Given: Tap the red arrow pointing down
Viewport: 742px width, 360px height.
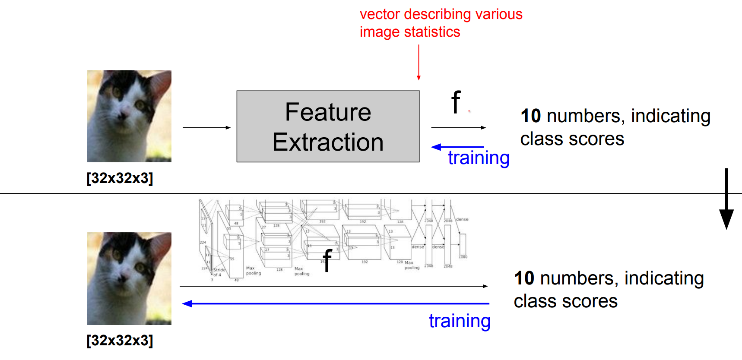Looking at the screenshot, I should (x=419, y=63).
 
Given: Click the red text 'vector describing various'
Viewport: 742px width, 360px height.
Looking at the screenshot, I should (x=441, y=14).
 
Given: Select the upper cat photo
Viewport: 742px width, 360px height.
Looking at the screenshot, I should (x=129, y=116).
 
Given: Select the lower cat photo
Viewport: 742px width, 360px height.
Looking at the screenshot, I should (x=129, y=278).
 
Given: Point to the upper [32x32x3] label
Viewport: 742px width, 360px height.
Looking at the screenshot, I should (x=120, y=178).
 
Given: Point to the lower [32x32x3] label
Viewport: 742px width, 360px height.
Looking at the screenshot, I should (x=120, y=340).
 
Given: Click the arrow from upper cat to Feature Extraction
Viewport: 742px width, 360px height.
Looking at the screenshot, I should (x=206, y=127).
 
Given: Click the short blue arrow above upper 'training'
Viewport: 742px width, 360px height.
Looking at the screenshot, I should (x=458, y=147).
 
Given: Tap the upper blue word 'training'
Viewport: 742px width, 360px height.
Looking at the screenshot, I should (x=479, y=158).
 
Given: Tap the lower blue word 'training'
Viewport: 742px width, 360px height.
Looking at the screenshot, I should (x=460, y=321).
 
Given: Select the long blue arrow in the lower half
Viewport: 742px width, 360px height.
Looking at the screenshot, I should (x=336, y=304).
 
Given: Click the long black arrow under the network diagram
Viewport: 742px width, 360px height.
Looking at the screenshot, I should (x=333, y=286).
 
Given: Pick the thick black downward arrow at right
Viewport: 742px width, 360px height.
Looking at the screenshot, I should (x=726, y=199).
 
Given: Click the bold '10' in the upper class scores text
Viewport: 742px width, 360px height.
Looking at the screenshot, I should (x=531, y=116).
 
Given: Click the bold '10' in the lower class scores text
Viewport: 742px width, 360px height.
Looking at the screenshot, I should (x=524, y=278).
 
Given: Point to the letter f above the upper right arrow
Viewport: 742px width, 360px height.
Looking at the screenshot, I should (x=456, y=102).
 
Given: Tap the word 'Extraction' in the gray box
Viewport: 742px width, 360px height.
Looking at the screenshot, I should (x=328, y=142).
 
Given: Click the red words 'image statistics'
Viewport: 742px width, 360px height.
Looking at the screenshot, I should (x=410, y=32).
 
